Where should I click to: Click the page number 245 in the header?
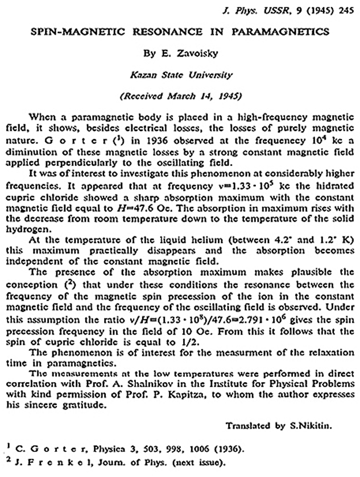[x=342, y=10]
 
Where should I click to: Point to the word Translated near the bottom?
[x=249, y=424]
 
